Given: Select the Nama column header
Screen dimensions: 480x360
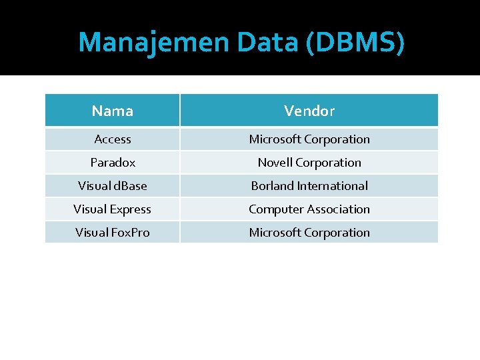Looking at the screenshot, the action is click(x=113, y=111).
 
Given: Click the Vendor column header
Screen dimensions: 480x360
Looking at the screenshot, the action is click(x=309, y=111).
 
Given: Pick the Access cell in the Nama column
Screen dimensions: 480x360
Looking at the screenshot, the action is click(x=113, y=139).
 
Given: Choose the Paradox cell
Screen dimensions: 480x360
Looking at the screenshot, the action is click(x=113, y=163).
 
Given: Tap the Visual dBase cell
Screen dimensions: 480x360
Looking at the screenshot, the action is click(x=113, y=186).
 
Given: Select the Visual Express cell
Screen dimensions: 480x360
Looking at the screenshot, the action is click(x=113, y=209).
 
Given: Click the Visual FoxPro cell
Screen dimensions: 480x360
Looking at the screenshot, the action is click(x=113, y=233).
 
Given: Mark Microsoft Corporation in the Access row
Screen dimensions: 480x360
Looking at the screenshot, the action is click(x=309, y=139).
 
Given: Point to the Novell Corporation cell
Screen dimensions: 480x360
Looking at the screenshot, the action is click(x=309, y=163).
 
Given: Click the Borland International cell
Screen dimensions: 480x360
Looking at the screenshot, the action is click(x=309, y=186).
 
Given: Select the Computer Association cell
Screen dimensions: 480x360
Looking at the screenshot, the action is click(x=309, y=209).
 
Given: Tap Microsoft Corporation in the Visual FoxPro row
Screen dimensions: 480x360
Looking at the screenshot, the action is click(x=309, y=233).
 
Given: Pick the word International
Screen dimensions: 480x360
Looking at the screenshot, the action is click(x=333, y=186).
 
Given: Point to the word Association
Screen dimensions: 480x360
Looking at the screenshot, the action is click(x=338, y=209).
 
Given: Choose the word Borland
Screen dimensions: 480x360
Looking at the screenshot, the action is click(x=272, y=186).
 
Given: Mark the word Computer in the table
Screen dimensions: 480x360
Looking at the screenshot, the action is click(x=275, y=209).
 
